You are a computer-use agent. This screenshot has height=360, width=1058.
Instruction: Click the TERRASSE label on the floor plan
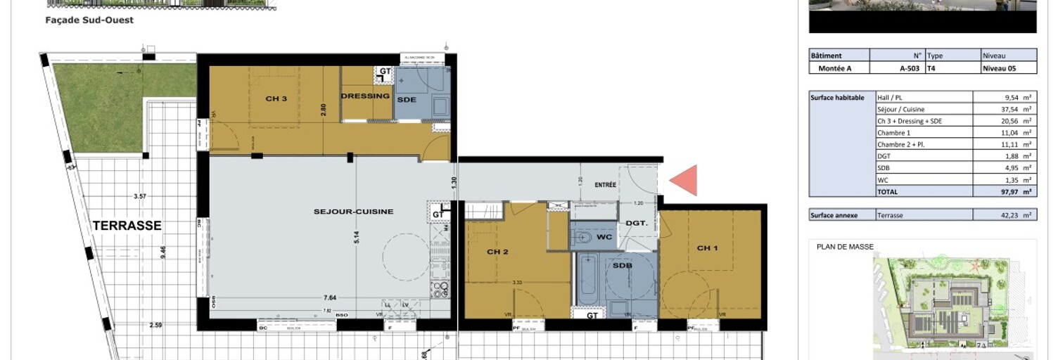(127, 226)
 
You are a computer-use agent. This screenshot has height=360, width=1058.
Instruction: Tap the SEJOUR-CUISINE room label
(353, 211)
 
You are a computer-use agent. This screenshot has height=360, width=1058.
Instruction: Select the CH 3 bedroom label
(276, 98)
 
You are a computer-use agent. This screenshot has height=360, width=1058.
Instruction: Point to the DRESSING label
(365, 96)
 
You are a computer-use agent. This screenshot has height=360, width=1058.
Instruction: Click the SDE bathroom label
(406, 99)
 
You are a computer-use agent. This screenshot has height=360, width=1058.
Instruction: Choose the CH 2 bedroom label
(497, 252)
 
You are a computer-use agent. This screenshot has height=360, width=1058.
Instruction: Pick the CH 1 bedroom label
(708, 248)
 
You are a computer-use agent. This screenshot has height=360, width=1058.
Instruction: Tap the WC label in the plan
(604, 237)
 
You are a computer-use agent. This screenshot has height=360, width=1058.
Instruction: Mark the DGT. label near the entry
(637, 223)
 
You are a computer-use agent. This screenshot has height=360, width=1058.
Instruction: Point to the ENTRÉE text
(605, 185)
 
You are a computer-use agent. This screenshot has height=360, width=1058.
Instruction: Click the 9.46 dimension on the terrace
(163, 252)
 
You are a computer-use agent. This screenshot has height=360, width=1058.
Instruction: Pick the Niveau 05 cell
(1000, 68)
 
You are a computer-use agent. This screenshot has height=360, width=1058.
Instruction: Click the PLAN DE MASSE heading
(845, 247)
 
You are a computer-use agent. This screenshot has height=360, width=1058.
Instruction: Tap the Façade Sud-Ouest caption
(89, 20)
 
